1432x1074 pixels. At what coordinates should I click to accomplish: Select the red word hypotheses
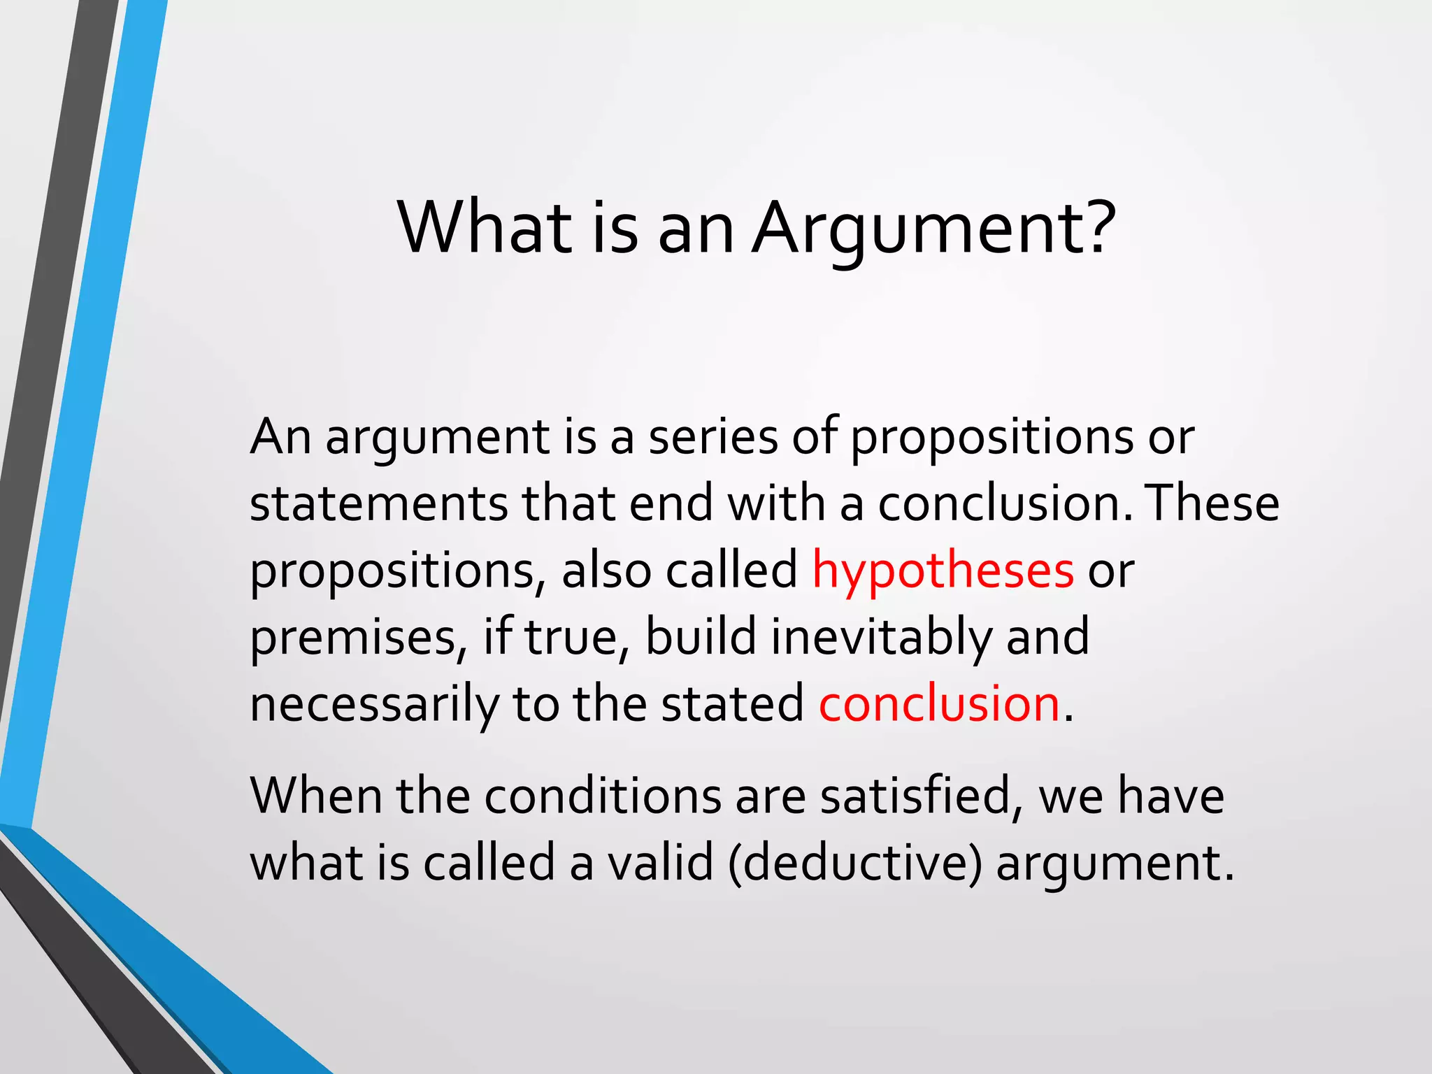click(x=942, y=571)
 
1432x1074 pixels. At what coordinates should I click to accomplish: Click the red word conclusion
click(x=939, y=703)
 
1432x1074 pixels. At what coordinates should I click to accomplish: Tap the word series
click(x=713, y=437)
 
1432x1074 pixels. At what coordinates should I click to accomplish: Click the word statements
click(x=378, y=503)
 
